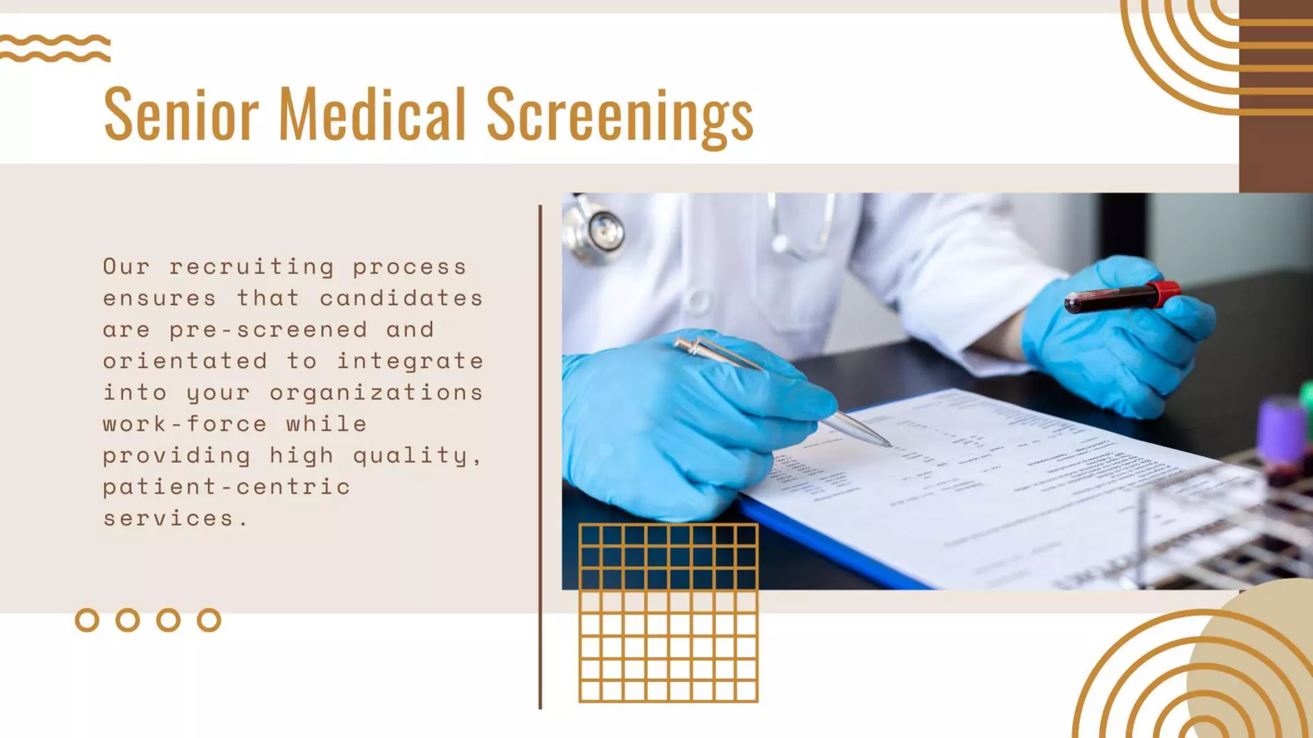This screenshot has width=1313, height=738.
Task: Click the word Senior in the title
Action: (x=181, y=114)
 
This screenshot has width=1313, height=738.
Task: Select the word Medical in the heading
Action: (x=372, y=114)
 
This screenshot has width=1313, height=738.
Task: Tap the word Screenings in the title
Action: (x=619, y=115)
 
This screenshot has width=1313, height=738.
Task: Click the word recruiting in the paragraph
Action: (x=251, y=267)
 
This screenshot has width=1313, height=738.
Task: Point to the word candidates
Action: (x=401, y=299)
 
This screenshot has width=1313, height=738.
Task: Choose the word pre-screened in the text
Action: (x=269, y=330)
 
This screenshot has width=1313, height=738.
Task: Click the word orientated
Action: (x=185, y=361)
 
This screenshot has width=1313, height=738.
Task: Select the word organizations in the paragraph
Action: (x=376, y=393)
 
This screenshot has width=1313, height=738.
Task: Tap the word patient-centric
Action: (x=227, y=487)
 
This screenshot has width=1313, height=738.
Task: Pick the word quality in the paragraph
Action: (x=410, y=455)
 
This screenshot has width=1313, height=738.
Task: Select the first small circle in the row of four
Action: (x=87, y=620)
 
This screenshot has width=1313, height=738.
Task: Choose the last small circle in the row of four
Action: (x=209, y=620)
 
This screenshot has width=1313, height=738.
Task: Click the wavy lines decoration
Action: (x=55, y=49)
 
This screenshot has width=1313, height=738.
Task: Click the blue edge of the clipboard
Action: (x=833, y=545)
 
